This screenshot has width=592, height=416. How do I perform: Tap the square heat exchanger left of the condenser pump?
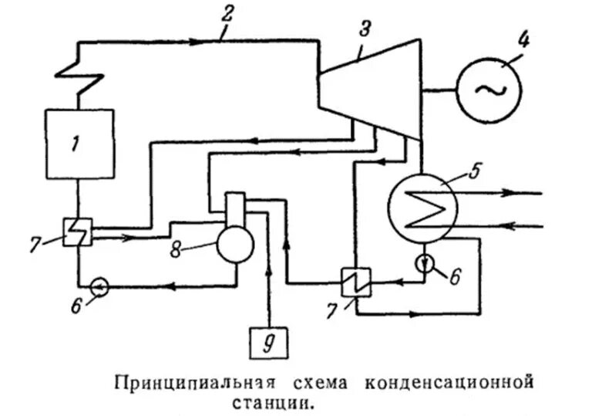tap(356, 279)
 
